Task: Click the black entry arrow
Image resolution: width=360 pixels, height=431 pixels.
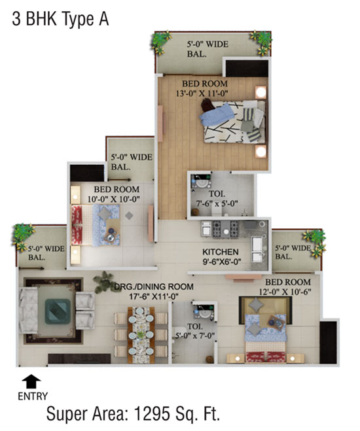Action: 31,381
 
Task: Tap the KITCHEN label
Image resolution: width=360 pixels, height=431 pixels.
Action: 221,252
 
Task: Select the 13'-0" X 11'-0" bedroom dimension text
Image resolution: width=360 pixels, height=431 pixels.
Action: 202,94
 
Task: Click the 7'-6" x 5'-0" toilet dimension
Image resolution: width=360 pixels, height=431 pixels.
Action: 217,203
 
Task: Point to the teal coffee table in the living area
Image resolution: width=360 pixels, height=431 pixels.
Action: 58,311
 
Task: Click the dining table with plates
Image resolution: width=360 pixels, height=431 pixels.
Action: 141,335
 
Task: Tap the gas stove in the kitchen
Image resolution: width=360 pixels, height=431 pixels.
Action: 225,229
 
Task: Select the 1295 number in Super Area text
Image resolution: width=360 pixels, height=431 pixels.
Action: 151,414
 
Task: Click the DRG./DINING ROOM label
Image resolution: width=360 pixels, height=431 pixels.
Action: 154,286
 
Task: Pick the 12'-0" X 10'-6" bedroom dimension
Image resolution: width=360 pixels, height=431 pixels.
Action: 285,292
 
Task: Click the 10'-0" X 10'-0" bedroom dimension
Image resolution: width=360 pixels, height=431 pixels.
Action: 114,199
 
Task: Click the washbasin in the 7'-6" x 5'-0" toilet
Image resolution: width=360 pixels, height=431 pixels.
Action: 201,181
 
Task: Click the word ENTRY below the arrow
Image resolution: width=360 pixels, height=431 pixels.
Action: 33,396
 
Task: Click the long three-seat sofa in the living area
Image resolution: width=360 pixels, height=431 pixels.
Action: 28,310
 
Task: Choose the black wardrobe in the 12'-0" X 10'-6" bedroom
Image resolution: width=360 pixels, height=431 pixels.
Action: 329,342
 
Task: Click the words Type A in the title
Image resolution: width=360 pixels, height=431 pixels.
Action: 86,19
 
